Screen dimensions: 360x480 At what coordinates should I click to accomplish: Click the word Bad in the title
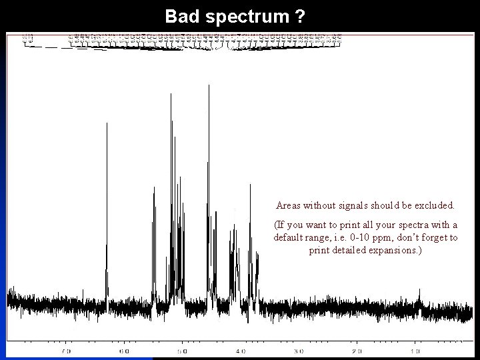(x=179, y=15)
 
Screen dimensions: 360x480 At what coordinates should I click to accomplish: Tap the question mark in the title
(x=302, y=15)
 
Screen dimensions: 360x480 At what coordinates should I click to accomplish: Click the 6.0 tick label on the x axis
(x=124, y=351)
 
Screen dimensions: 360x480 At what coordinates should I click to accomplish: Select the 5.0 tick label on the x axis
(x=182, y=351)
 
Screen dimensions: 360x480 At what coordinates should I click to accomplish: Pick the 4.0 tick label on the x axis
(x=240, y=351)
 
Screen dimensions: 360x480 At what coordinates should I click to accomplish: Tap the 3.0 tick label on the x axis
(x=298, y=351)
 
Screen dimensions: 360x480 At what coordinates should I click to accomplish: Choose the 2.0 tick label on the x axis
(x=357, y=351)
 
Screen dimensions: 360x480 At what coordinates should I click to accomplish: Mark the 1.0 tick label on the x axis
(x=415, y=351)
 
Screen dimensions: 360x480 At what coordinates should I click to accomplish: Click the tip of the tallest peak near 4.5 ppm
(x=209, y=87)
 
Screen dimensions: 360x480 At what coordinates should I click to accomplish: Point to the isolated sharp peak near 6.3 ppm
(x=107, y=124)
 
